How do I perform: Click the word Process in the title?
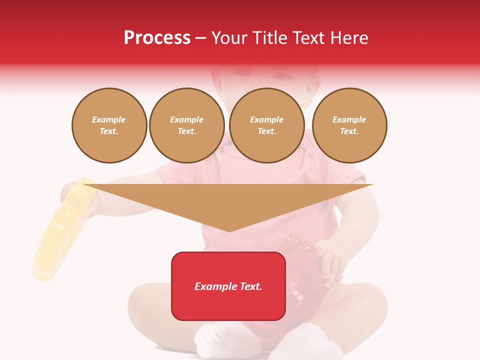157,38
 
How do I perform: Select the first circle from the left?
109,125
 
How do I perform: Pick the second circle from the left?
186,125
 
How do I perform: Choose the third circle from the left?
266,125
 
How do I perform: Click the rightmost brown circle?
349,125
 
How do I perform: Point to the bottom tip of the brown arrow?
229,231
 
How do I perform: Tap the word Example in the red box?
214,286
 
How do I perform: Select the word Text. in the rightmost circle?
349,131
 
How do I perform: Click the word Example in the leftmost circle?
109,119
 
